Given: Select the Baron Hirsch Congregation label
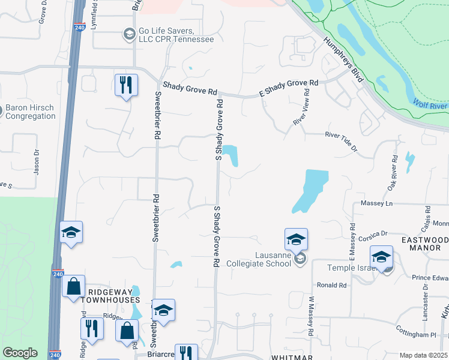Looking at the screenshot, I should click(30, 112).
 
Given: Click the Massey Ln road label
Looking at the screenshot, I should click(376, 203).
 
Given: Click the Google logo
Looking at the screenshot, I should click(20, 353).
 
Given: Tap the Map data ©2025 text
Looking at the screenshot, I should click(423, 355).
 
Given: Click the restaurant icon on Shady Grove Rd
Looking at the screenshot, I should click(126, 85).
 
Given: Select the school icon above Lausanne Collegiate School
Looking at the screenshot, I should click(296, 240).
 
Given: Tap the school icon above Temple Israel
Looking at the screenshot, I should click(381, 257).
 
